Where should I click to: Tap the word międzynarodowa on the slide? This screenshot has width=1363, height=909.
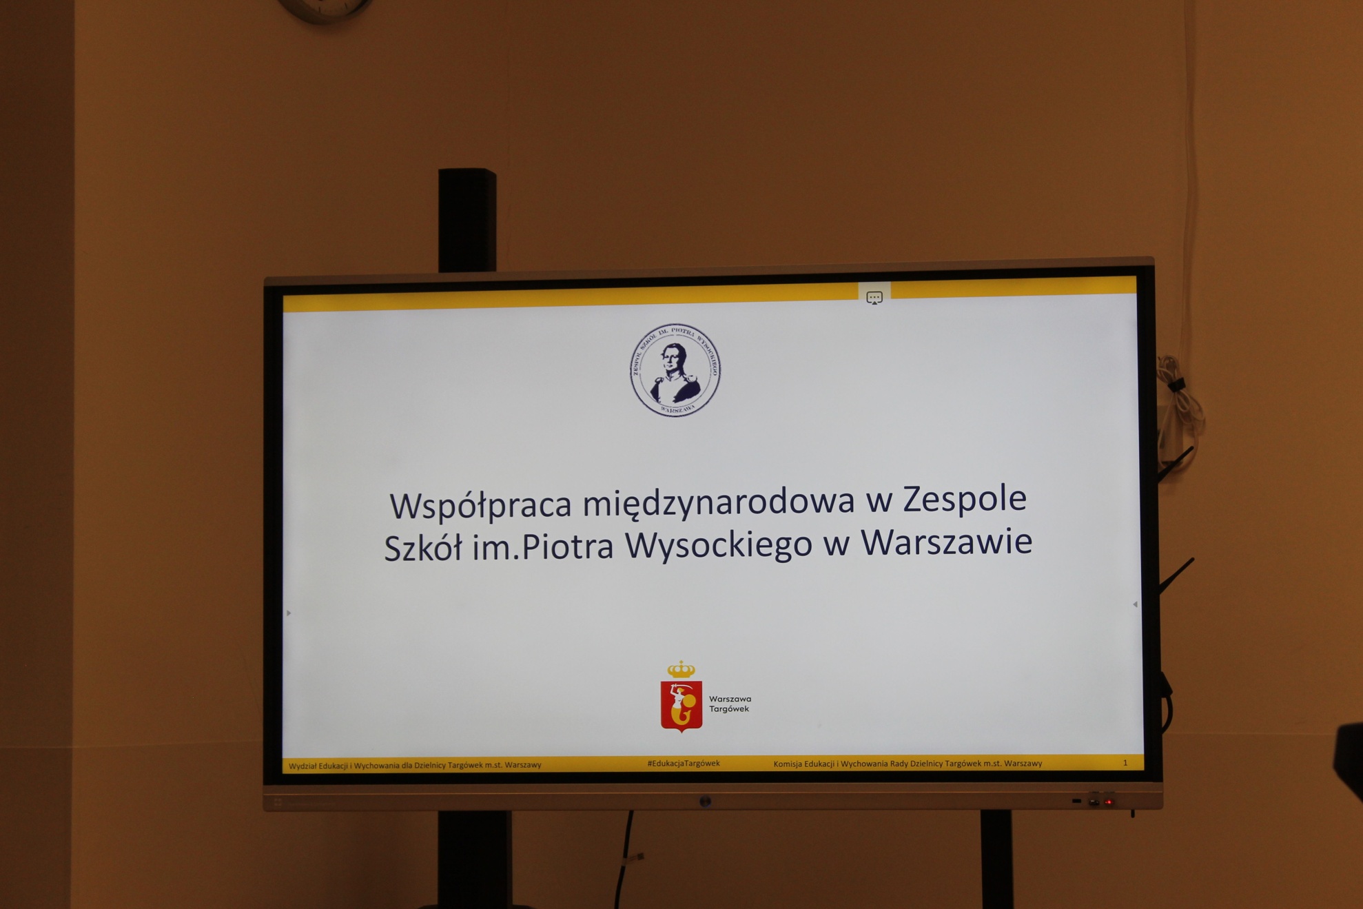point(718,502)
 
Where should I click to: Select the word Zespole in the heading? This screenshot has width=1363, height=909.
point(965,498)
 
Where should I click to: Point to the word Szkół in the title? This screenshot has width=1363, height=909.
point(422,549)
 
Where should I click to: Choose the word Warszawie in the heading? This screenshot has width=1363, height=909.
point(946,541)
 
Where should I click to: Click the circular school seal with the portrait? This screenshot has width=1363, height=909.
point(675,370)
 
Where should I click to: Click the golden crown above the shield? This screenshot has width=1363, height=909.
point(681,668)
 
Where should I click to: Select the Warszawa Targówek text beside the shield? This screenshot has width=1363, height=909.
point(730,704)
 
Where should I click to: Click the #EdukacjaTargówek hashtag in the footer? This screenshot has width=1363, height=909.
point(684,764)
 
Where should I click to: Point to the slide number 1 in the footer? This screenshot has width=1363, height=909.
point(1125,762)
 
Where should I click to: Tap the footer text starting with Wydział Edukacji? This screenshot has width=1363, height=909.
point(415,765)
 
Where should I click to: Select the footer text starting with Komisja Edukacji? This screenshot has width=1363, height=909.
point(908,763)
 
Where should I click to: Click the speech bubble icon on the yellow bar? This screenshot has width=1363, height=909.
point(874,298)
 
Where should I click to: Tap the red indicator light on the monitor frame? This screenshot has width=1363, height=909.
point(1109,801)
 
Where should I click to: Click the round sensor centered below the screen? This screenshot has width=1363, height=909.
point(705,801)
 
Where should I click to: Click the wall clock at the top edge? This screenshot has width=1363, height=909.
point(325,9)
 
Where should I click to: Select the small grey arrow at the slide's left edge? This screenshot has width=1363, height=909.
point(289,613)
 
